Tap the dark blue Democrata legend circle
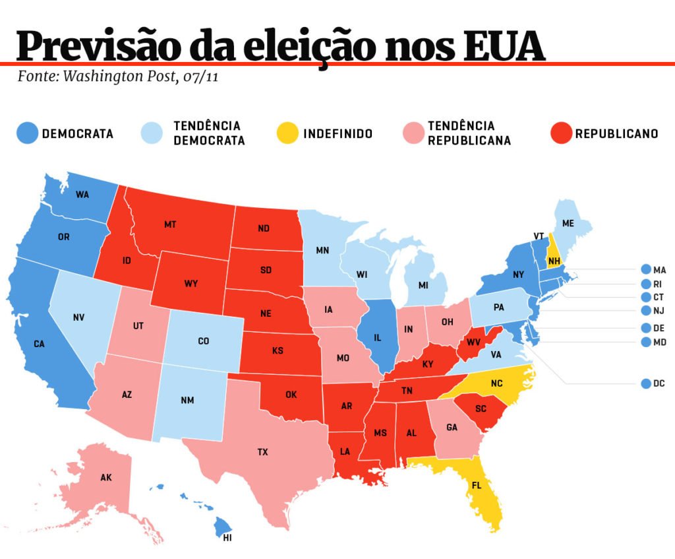tap(26, 133)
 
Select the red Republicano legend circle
tap(560, 133)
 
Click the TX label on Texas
tap(263, 452)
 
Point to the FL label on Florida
tap(476, 485)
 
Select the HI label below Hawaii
tap(227, 538)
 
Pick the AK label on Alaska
tap(106, 477)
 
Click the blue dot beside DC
tap(645, 383)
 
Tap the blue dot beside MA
tap(645, 269)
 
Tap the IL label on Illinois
tap(378, 337)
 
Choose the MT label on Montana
tap(170, 224)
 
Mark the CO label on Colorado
tap(203, 341)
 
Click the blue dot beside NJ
tap(645, 310)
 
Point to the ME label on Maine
tap(568, 223)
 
